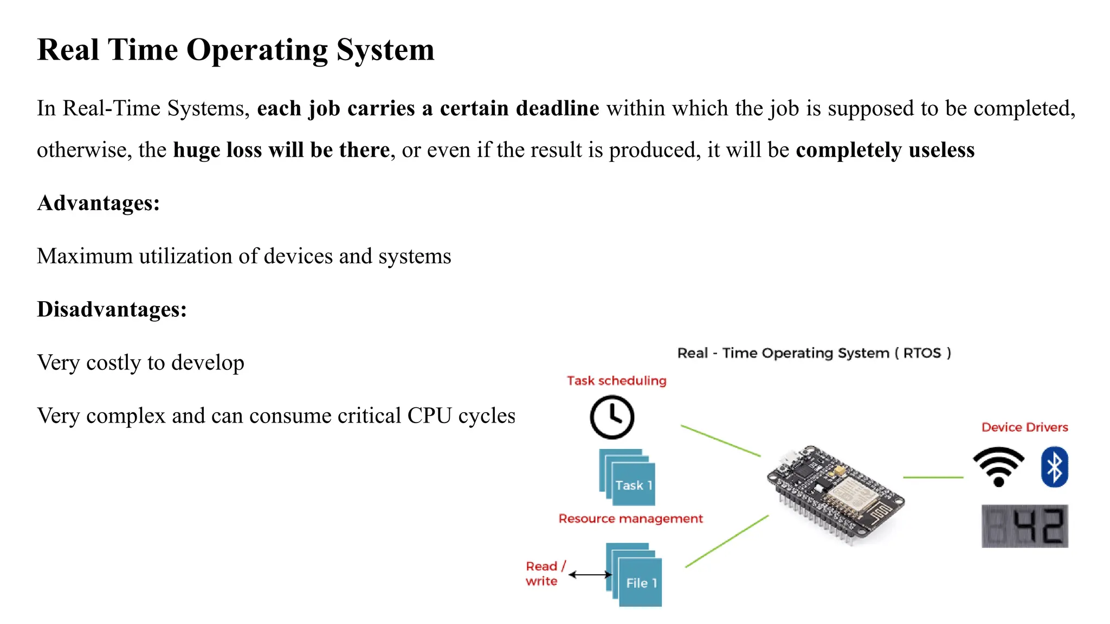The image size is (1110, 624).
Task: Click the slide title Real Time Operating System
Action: point(235,50)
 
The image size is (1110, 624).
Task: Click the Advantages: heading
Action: point(98,203)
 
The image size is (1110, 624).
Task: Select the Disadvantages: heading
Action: point(112,309)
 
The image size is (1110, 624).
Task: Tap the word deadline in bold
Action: point(557,108)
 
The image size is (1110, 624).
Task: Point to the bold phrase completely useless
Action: point(885,150)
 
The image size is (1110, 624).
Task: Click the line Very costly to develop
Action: point(140,362)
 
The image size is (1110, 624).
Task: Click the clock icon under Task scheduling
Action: point(611,417)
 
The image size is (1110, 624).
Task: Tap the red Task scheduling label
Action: point(616,381)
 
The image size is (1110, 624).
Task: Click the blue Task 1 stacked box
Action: point(629,478)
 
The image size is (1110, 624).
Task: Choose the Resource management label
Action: point(630,519)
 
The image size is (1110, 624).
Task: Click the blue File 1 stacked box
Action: point(635,575)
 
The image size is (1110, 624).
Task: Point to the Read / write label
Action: point(544,574)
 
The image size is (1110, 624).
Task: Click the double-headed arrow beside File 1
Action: point(590,575)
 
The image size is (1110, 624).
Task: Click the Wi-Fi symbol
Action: point(998,466)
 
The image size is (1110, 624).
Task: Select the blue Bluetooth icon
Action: point(1054,466)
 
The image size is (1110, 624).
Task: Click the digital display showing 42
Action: point(1024,526)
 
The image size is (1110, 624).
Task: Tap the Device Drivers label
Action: point(1024,427)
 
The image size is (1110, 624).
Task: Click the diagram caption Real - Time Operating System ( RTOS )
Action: point(814,353)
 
